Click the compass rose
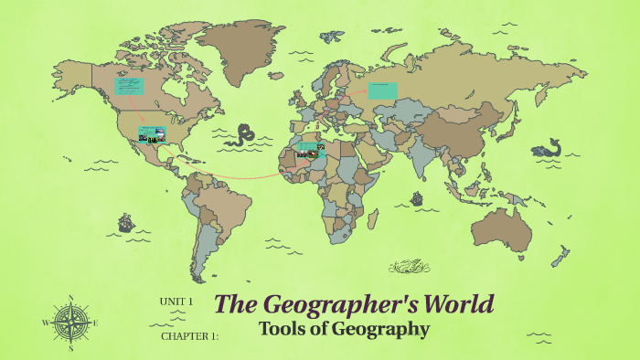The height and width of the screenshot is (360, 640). tap(70, 323)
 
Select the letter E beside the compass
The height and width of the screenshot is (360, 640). tap(95, 323)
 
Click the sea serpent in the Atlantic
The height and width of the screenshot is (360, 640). tap(243, 136)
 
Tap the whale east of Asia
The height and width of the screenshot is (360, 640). tap(550, 146)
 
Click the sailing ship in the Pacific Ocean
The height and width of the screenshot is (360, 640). tap(125, 222)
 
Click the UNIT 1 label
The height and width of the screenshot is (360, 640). tap(176, 302)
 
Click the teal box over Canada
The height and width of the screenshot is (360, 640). tap(129, 86)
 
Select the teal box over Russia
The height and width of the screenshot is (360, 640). tap(383, 90)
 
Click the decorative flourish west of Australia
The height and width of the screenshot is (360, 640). tap(409, 267)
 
